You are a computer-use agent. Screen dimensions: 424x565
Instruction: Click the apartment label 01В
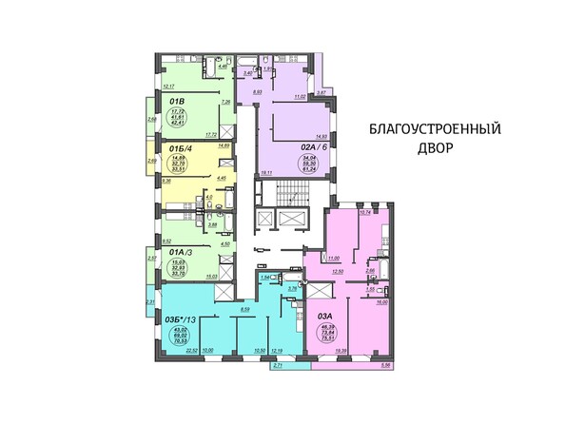(177, 96)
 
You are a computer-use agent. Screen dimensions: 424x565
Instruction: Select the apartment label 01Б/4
(180, 149)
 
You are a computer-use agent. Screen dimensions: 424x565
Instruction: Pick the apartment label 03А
(324, 303)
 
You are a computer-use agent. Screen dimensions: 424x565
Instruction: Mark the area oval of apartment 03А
(331, 330)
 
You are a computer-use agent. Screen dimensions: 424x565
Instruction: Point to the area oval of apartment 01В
(176, 118)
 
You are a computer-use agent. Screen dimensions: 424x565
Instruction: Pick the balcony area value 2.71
(277, 364)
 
